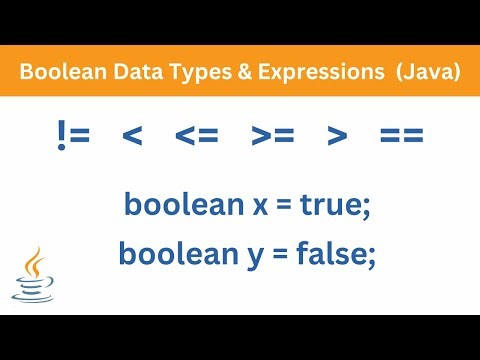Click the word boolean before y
167,254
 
